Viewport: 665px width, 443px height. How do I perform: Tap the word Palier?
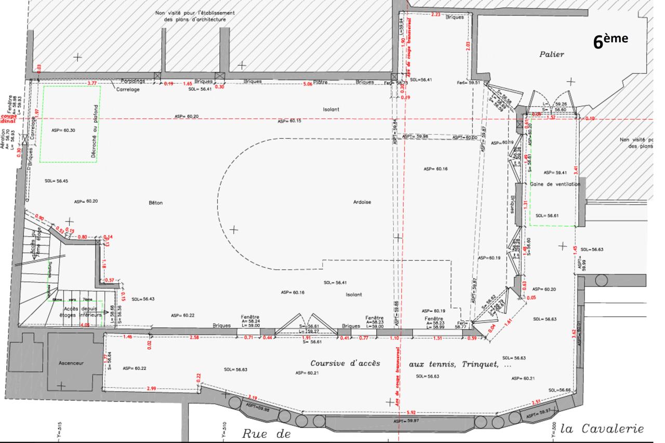coord(551,54)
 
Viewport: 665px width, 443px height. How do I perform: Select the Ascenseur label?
coord(71,363)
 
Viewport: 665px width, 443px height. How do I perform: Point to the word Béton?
coord(155,203)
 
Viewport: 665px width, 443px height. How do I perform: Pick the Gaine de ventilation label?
coord(555,184)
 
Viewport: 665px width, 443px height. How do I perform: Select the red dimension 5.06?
coord(308,84)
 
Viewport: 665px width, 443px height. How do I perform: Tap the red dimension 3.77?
coord(92,83)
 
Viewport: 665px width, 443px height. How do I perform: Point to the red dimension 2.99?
coord(152,389)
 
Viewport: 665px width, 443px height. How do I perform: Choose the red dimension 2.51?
coord(537,402)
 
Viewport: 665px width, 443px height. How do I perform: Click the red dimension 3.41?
coord(575,169)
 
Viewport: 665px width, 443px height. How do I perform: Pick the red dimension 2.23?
coord(436,14)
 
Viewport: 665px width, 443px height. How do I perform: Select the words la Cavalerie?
coord(604,429)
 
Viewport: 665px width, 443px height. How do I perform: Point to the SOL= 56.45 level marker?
coord(56,181)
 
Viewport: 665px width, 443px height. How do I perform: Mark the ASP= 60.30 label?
coord(63,130)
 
